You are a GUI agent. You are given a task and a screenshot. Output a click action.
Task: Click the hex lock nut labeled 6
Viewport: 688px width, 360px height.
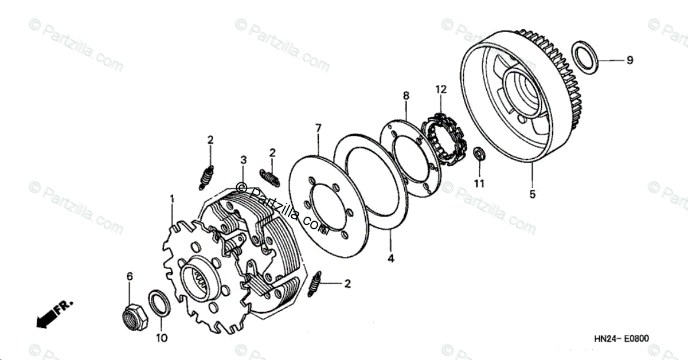pyautogui.click(x=132, y=315)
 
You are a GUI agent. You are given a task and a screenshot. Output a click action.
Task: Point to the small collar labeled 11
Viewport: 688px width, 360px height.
pyautogui.click(x=479, y=154)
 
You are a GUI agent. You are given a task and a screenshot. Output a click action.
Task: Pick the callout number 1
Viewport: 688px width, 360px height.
pyautogui.click(x=171, y=199)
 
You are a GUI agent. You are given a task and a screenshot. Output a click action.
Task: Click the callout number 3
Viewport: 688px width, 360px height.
pyautogui.click(x=243, y=159)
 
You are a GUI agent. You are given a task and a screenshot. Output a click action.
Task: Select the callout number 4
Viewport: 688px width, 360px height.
pyautogui.click(x=390, y=259)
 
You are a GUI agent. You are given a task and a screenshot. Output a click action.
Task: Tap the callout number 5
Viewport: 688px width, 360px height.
pyautogui.click(x=532, y=194)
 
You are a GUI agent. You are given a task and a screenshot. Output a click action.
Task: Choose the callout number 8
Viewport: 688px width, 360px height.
pyautogui.click(x=406, y=96)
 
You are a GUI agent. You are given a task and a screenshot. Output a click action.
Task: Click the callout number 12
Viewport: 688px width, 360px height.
pyautogui.click(x=440, y=89)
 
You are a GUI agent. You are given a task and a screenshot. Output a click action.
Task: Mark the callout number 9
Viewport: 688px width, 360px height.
pyautogui.click(x=630, y=60)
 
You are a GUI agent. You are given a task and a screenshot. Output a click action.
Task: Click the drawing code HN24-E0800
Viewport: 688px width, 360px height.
pyautogui.click(x=622, y=339)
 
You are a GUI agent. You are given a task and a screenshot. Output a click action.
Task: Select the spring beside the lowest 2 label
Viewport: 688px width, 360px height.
pyautogui.click(x=315, y=285)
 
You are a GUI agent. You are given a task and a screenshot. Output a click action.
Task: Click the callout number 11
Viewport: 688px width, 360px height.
pyautogui.click(x=479, y=183)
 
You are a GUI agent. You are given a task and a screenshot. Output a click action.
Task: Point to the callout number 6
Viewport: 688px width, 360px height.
pyautogui.click(x=130, y=276)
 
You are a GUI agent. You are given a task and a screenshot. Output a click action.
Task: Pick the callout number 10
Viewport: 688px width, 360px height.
pyautogui.click(x=162, y=338)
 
